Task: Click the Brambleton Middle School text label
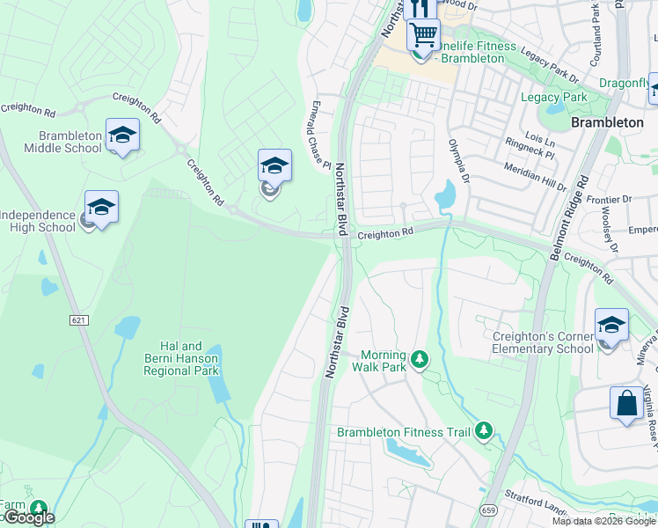pos(70,143)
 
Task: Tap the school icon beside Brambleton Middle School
pos(122,136)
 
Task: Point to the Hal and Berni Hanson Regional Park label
pos(181,359)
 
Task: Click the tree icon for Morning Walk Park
pos(420,358)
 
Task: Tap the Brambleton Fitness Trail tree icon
pos(483,430)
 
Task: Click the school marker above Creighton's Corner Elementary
pos(611,326)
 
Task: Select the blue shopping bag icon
pos(626,404)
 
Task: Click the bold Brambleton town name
pos(607,122)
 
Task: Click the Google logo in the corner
pos(28,518)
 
